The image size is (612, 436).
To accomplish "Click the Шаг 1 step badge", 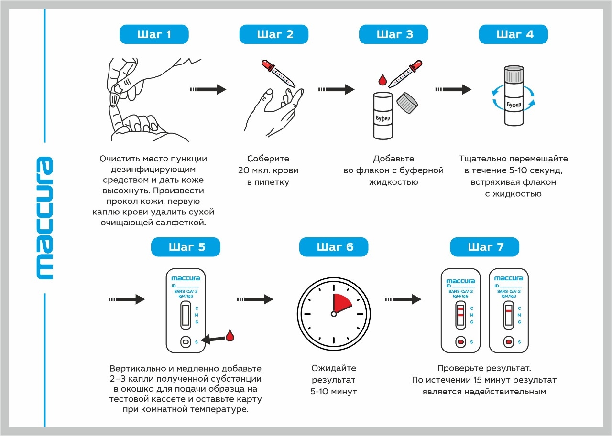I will [x=153, y=34].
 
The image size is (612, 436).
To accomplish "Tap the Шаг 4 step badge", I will [x=513, y=34].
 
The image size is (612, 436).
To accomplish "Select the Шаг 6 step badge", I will [x=334, y=247].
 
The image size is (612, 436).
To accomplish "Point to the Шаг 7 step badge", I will [x=484, y=247].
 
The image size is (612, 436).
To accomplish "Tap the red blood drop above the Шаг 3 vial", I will [x=382, y=79].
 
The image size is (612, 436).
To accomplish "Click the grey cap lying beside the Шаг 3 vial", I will [x=408, y=101].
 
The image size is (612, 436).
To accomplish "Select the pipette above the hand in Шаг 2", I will [x=278, y=74].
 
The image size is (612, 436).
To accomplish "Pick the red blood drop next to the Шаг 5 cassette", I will [x=230, y=335].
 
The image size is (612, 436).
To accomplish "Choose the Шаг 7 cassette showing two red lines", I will [x=460, y=310].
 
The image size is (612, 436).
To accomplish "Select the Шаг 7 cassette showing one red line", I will [x=508, y=310].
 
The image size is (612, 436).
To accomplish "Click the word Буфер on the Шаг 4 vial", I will [x=514, y=104].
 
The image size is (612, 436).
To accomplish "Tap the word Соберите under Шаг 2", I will [x=268, y=159].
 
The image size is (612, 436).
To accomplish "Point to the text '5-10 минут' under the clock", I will [x=334, y=392].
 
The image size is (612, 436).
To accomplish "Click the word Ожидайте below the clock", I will [x=334, y=368].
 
